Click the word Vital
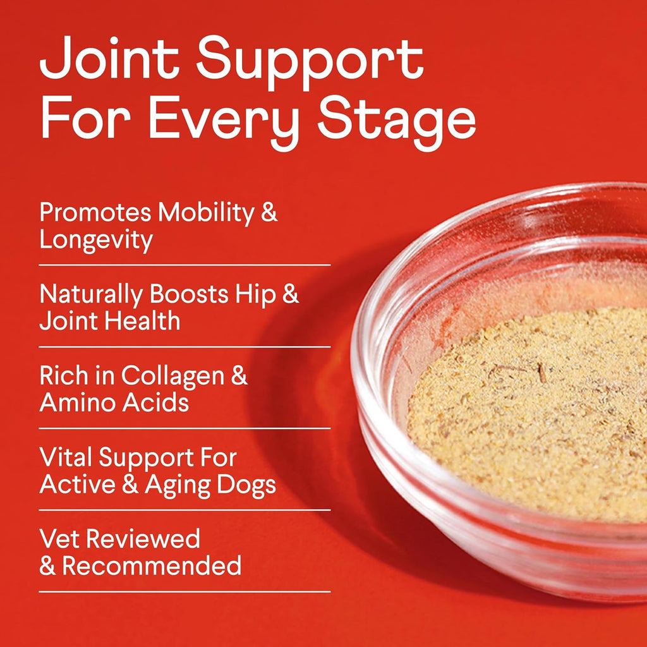tap(64, 457)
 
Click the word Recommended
tap(152, 565)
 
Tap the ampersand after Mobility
tap(269, 213)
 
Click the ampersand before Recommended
tap(47, 565)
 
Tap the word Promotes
tap(95, 213)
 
